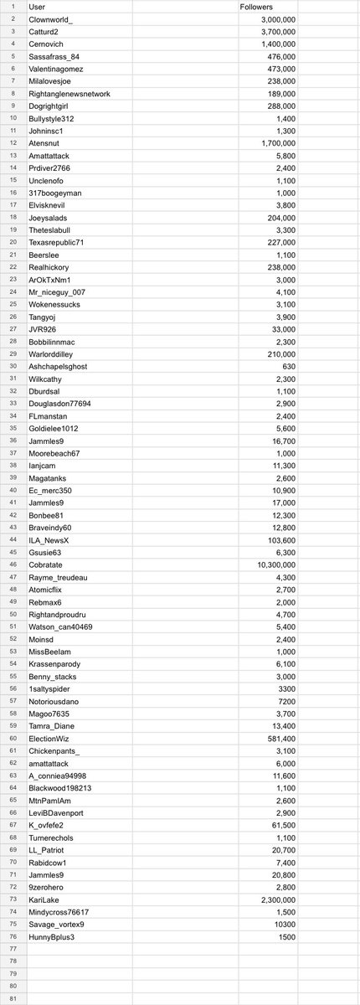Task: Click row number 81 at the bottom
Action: point(13,997)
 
